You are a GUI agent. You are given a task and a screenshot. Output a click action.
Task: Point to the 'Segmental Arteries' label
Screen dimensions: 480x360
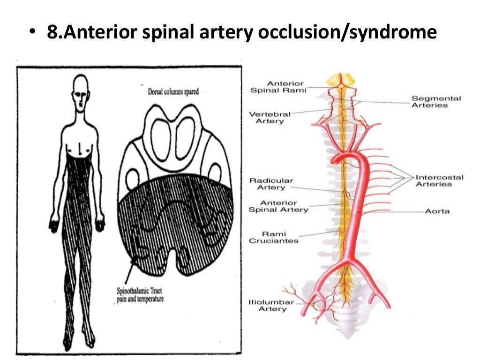[x=436, y=102]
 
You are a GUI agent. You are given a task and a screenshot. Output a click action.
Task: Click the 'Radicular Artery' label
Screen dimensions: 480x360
[x=271, y=184]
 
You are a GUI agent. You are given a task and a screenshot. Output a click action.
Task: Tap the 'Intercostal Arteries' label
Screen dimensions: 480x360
[x=439, y=180]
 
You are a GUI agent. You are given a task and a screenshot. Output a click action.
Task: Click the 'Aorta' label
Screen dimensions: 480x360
[x=437, y=211]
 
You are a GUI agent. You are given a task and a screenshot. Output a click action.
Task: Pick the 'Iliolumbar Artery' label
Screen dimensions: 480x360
[x=271, y=306]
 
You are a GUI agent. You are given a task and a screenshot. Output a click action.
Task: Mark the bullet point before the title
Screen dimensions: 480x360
[x=32, y=33]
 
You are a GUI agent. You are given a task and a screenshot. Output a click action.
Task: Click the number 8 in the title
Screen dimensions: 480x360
[x=52, y=32]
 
